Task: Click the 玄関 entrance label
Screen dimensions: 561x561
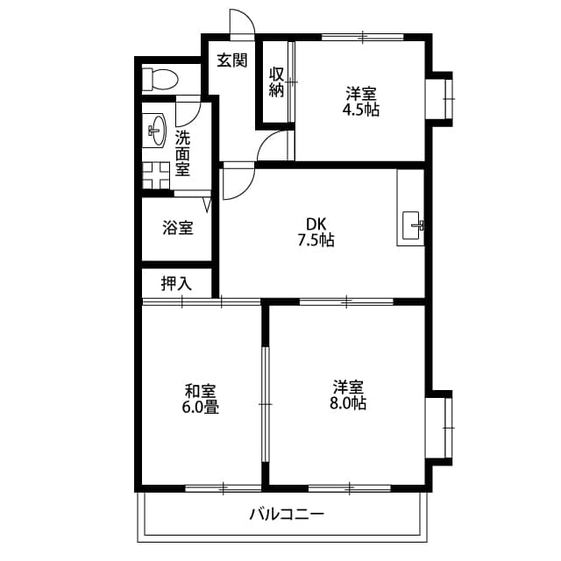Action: [x=231, y=60]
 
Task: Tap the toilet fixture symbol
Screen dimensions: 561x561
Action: [x=160, y=78]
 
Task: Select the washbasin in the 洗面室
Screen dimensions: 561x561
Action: [x=157, y=131]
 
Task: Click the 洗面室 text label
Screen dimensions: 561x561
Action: [x=182, y=153]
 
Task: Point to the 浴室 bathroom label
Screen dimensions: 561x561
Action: [x=178, y=228]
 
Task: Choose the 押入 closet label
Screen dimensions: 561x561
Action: [x=176, y=283]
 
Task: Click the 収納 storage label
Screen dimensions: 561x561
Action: [x=276, y=82]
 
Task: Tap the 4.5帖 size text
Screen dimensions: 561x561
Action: [x=361, y=111]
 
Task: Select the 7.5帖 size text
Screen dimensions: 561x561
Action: [x=316, y=239]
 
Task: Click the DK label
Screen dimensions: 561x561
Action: [x=316, y=223]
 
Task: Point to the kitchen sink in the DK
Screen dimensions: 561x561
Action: [x=411, y=225]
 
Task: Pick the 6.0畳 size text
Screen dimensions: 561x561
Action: [x=202, y=407]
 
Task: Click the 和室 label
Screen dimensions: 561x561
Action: [x=201, y=390]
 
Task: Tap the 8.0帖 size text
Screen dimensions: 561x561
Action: [x=349, y=403]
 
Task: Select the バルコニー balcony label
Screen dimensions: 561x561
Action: [x=287, y=514]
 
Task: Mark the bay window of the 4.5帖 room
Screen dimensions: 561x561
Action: [x=442, y=98]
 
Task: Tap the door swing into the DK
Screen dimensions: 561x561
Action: [x=238, y=183]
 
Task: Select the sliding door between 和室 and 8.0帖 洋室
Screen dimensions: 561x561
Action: [x=265, y=403]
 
